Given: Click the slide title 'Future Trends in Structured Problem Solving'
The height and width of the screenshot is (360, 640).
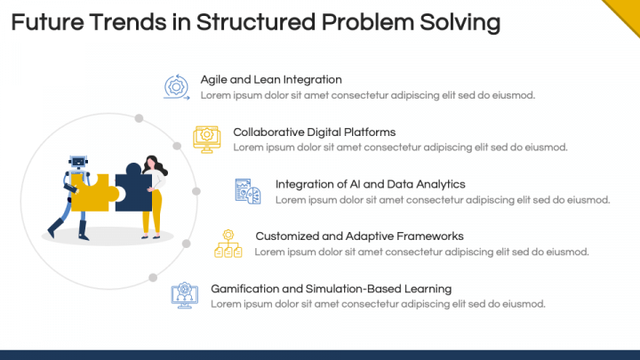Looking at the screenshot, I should coord(255,22).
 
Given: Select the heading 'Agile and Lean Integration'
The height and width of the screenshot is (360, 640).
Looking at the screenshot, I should coord(271,80).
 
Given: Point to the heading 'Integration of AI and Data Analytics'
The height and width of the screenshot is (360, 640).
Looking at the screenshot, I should coord(370,184).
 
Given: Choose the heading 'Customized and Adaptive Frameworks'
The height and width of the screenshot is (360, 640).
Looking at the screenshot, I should coord(347,236).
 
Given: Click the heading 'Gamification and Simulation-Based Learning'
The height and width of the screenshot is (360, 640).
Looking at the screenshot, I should coord(331,289).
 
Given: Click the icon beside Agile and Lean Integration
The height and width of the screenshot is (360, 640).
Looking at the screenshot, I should coord(176,87).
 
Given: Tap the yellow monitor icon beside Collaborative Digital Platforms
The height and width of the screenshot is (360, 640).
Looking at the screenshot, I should coord(206,138).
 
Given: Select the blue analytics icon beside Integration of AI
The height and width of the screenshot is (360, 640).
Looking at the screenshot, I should coord(247,190).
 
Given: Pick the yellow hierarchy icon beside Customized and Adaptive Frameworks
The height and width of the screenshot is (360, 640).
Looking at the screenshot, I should coord(228,243).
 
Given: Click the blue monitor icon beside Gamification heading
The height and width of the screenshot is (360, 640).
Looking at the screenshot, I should coord(184,295).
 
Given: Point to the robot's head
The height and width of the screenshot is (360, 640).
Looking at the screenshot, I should coord(77,162).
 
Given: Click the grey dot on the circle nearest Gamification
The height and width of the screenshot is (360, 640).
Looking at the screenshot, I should coord(153,277).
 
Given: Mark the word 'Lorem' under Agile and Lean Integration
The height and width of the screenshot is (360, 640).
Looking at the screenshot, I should coord(215,95).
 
